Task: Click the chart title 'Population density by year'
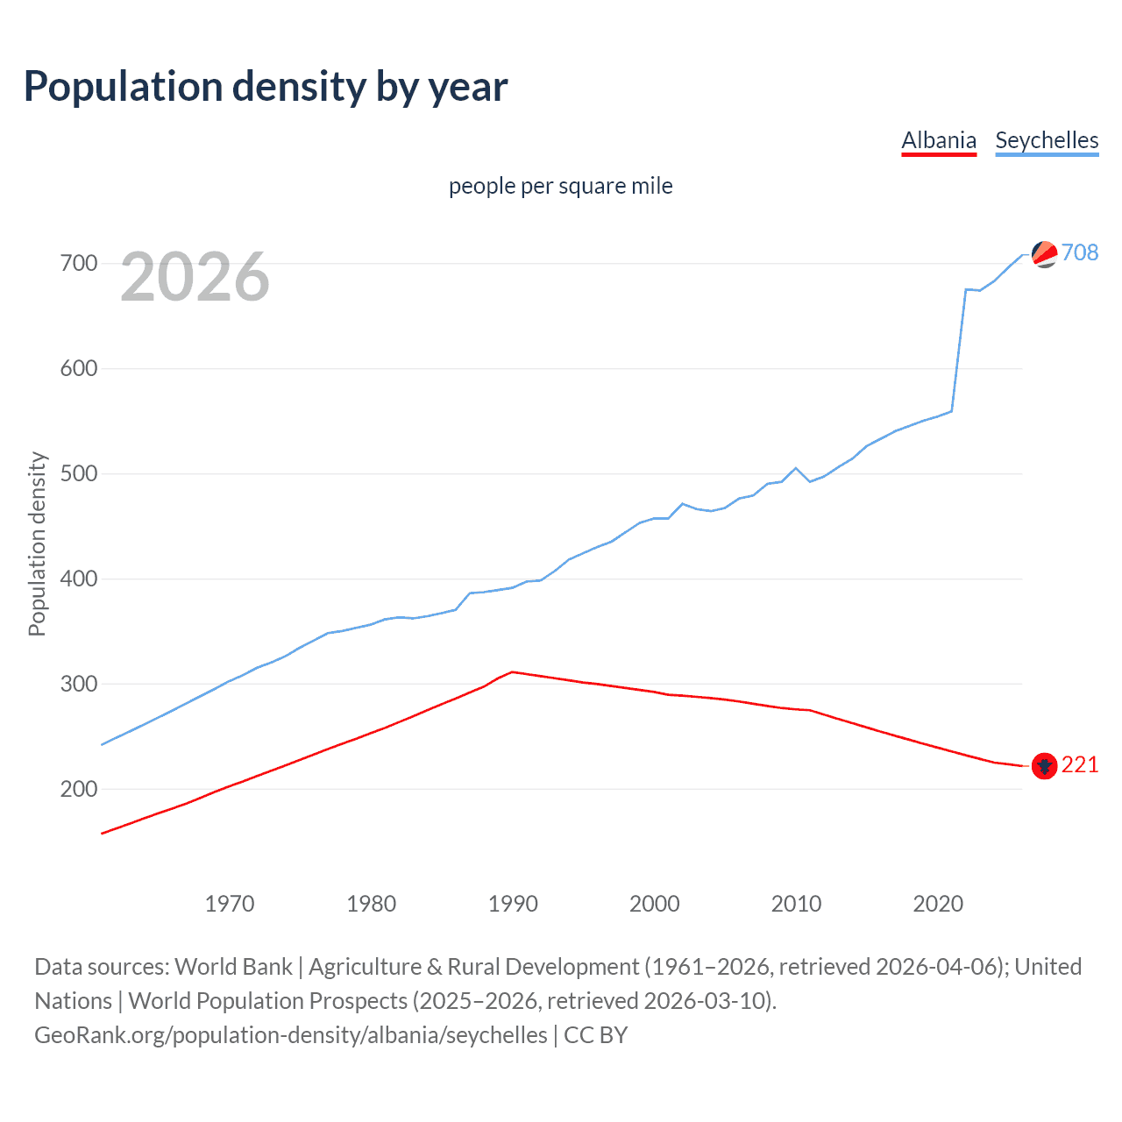pos(266,87)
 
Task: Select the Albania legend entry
pos(939,140)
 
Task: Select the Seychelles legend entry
pos(1047,140)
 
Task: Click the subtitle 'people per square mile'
pos(560,186)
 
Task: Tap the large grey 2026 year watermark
pos(195,277)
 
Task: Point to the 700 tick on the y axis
pos(78,263)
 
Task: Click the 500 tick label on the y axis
pos(78,473)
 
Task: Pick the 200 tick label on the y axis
pos(78,789)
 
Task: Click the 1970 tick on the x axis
pos(230,903)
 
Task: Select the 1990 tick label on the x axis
pos(513,903)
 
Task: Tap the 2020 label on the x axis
pos(938,903)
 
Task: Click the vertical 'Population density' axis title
pos(37,543)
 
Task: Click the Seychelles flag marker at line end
pos(1044,254)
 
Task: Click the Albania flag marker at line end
pos(1044,766)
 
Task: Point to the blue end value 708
pos(1080,252)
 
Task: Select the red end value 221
pos(1080,765)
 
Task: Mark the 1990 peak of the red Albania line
pos(513,672)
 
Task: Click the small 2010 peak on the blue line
pos(796,468)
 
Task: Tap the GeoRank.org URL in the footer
pos(291,1035)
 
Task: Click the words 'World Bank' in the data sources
pos(233,967)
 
